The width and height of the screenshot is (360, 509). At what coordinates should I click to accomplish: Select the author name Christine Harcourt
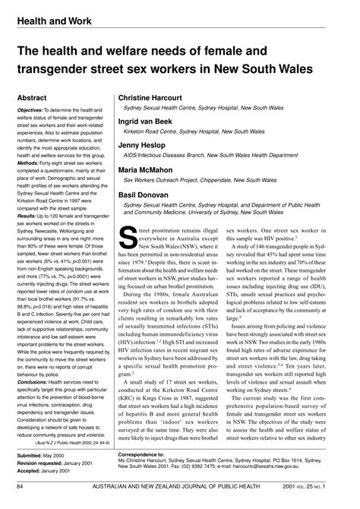160,100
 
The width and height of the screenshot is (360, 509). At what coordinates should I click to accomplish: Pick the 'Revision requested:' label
37,465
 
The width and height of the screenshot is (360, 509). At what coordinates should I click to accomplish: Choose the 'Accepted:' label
26,473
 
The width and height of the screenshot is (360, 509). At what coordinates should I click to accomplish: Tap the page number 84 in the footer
11,501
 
